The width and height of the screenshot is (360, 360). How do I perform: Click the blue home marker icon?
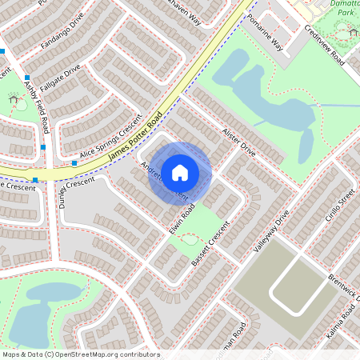180,172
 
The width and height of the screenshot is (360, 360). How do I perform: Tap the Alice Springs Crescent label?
110,139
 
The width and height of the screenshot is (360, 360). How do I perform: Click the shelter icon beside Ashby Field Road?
13,99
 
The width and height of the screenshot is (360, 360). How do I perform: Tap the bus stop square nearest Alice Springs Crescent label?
74,163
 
